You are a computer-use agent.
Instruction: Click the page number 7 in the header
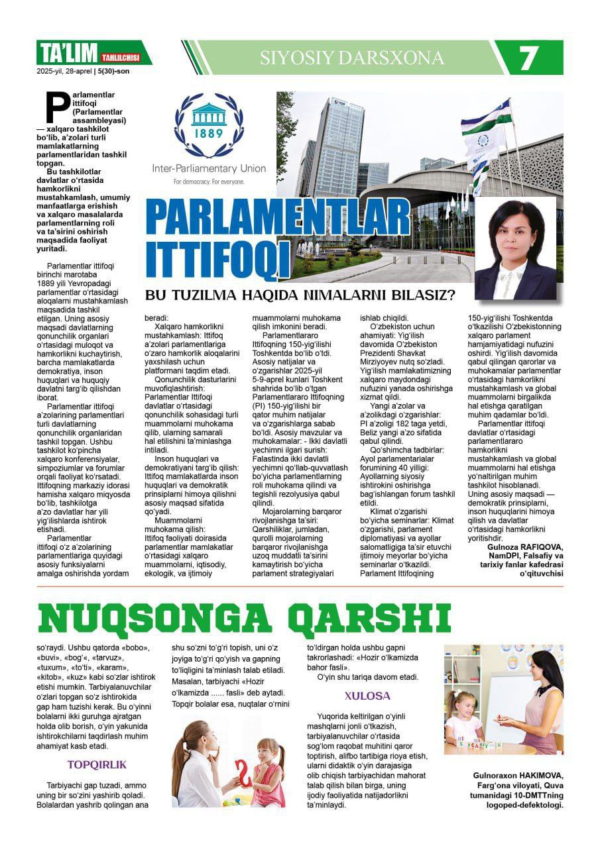point(528,58)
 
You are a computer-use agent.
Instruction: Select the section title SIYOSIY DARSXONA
point(352,58)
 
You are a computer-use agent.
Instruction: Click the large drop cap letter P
point(57,109)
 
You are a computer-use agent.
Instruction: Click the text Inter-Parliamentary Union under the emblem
point(209,168)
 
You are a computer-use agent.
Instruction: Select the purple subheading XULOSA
point(367,696)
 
